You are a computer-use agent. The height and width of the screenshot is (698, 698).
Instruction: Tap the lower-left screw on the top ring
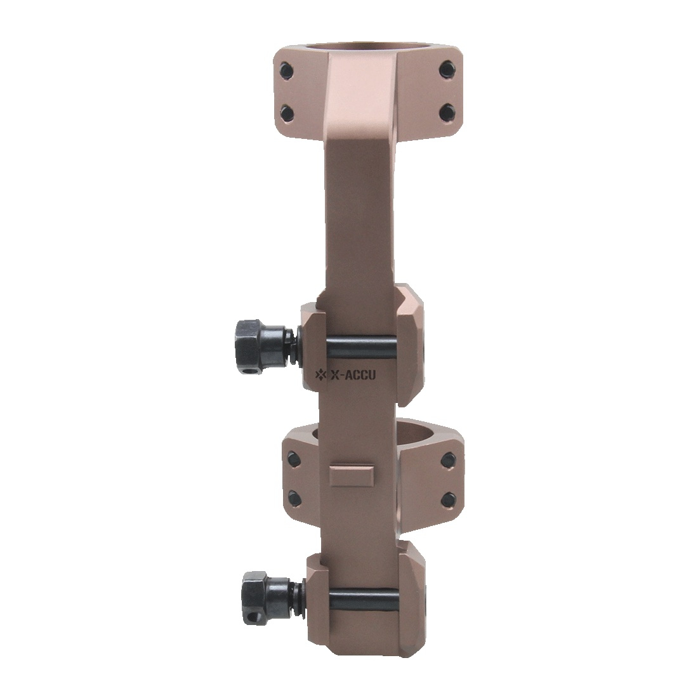click(x=287, y=112)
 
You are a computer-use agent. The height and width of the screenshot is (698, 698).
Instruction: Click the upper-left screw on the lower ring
click(x=294, y=456)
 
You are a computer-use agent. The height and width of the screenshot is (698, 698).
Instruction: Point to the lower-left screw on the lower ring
click(x=293, y=496)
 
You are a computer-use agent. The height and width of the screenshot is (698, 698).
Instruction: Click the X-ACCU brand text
click(x=352, y=375)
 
